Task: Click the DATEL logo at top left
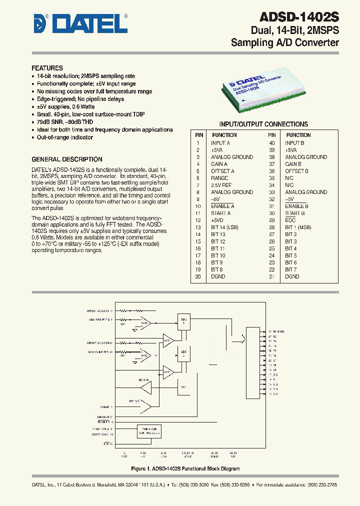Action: pos(80,23)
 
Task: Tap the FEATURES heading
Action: pos(47,68)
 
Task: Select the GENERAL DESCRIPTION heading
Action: pos(66,159)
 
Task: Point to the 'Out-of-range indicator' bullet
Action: pos(64,137)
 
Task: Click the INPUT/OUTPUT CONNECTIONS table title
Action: pos(263,124)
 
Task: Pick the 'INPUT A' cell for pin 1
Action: pos(220,143)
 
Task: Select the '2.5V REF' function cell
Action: pos(222,185)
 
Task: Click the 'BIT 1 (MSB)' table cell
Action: pos(298,227)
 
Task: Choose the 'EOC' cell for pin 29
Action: pos(290,220)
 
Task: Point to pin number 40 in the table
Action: pos(272,143)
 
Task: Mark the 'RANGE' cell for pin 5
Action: pos(219,178)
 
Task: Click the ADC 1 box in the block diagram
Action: pos(183,321)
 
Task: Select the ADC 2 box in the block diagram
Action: pos(183,352)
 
